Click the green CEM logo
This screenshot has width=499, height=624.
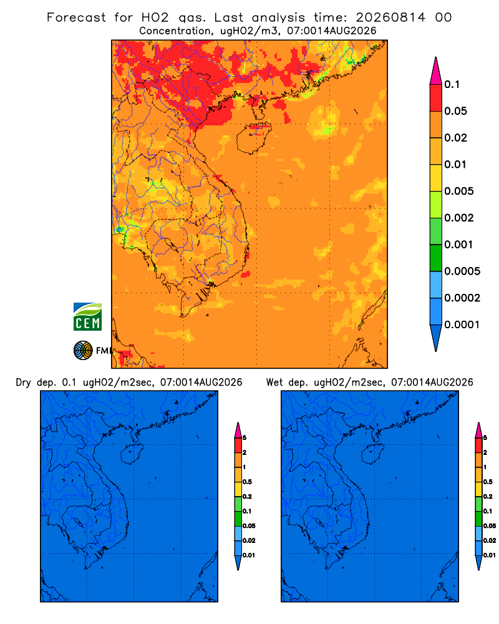[87, 316]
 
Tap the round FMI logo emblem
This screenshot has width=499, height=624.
[83, 350]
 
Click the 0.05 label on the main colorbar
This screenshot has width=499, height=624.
[455, 111]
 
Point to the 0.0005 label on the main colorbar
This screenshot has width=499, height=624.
[462, 271]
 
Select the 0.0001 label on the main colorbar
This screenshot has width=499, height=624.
[462, 324]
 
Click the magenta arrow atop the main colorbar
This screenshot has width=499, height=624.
[436, 71]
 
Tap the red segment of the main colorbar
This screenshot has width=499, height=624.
[436, 98]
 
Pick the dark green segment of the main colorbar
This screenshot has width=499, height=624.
[436, 258]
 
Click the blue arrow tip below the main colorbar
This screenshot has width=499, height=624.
[436, 338]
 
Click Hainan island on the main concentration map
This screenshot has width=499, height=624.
[253, 138]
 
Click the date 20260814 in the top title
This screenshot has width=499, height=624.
[390, 17]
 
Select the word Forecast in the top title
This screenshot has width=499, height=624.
[76, 17]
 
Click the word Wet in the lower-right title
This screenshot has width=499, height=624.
[274, 383]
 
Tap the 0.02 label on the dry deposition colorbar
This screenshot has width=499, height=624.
[249, 540]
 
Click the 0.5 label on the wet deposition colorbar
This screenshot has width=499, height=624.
[488, 482]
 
